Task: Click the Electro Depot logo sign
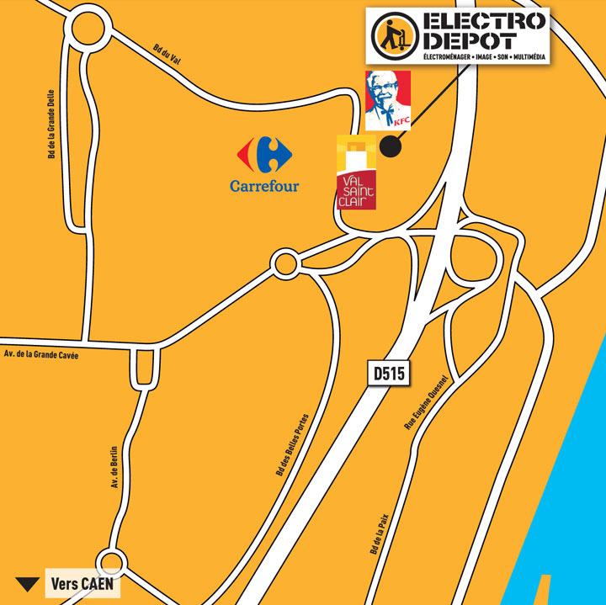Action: [x=457, y=35]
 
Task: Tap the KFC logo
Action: [x=388, y=100]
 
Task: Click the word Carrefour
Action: [x=264, y=185]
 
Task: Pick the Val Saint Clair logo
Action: [x=356, y=172]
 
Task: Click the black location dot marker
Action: [x=391, y=146]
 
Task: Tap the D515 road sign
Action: [x=389, y=374]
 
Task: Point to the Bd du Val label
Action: [x=168, y=54]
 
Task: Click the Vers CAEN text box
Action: [x=82, y=583]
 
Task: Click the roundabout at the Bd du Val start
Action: [x=90, y=31]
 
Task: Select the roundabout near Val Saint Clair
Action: [x=285, y=264]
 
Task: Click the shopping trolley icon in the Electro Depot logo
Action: [x=393, y=34]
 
